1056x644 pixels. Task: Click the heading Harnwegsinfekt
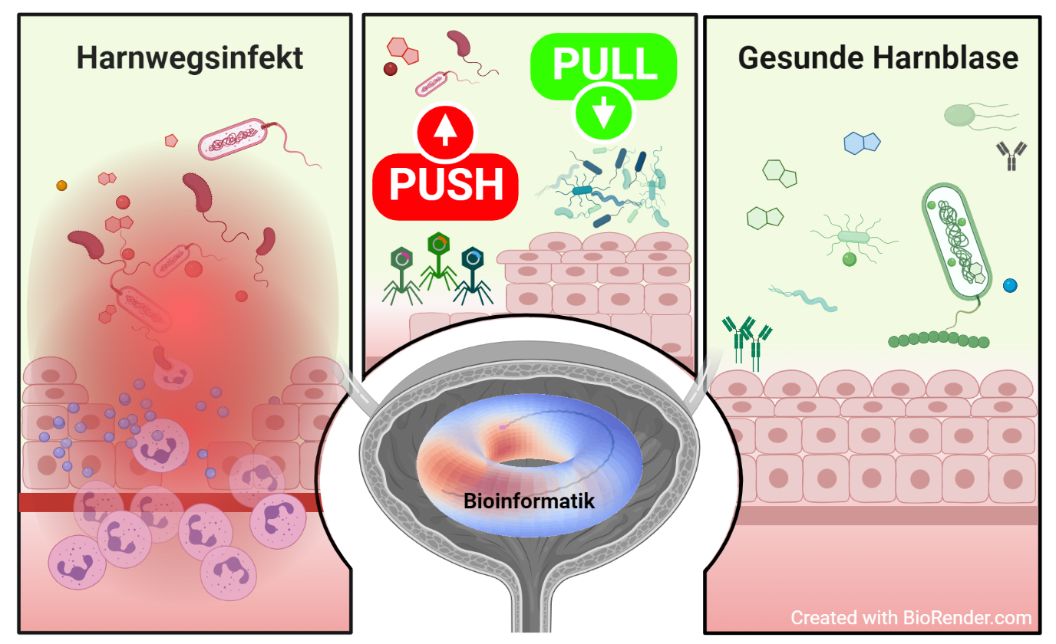click(190, 58)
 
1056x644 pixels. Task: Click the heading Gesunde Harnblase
click(878, 58)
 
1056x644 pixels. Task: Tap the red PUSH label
click(445, 185)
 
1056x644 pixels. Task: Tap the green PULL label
click(604, 64)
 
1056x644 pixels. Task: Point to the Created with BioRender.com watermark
click(911, 618)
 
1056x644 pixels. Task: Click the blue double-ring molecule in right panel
click(861, 143)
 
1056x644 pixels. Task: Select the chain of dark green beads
click(938, 339)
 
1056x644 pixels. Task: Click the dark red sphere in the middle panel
click(391, 69)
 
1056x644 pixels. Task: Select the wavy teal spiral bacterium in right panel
click(803, 297)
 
